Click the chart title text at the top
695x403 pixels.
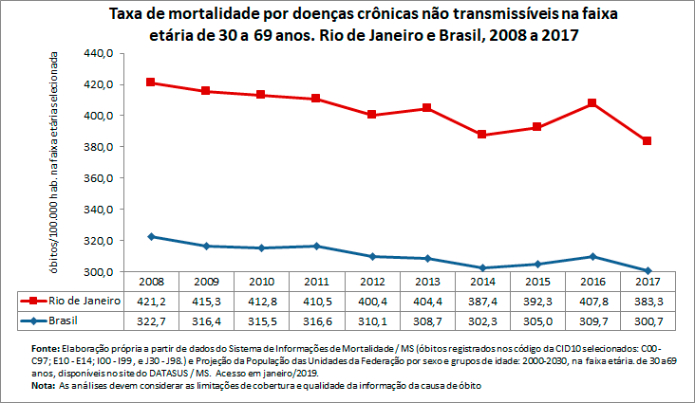[x=347, y=25]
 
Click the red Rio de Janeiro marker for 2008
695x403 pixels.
[x=152, y=82]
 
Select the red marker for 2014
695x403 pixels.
[x=483, y=135]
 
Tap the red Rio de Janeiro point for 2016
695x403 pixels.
[x=593, y=102]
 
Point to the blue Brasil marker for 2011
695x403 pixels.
[x=317, y=247]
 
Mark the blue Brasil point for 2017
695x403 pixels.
[x=648, y=270]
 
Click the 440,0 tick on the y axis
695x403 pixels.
[x=99, y=53]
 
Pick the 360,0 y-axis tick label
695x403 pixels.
[x=99, y=178]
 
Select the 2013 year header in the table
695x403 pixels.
[x=428, y=282]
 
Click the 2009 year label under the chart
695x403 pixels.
[x=207, y=282]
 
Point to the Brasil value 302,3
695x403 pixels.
[x=483, y=321]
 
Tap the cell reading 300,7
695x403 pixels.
[x=648, y=321]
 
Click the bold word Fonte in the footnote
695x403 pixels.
[x=47, y=350]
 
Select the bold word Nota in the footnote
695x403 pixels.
[x=43, y=387]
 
